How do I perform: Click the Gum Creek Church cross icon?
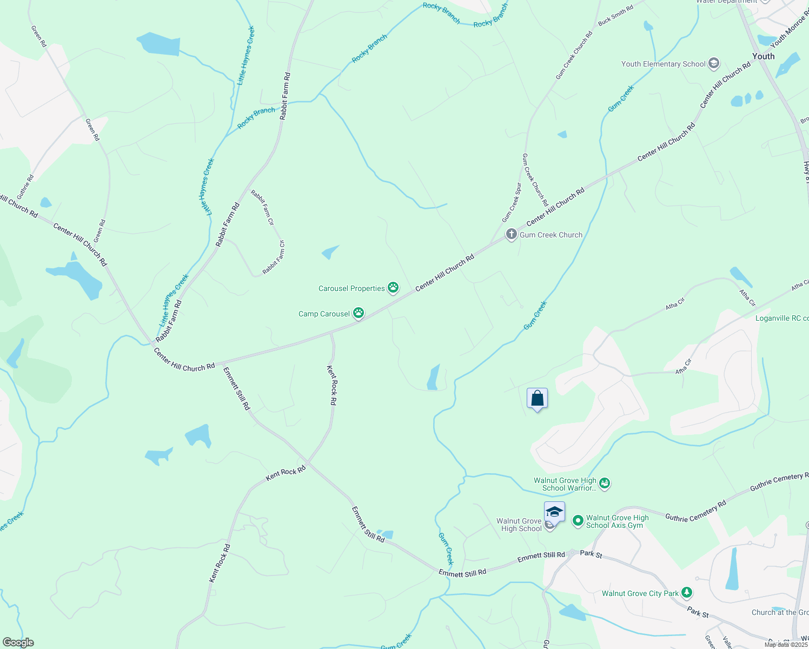(x=511, y=235)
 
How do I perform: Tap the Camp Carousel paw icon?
(x=358, y=313)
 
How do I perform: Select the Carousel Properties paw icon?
(x=393, y=288)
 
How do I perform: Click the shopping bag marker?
(x=537, y=399)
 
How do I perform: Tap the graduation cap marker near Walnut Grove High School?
(x=554, y=512)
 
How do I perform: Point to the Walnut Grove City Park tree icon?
(x=686, y=593)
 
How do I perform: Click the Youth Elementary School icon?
(x=713, y=64)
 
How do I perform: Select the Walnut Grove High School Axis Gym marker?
(x=578, y=521)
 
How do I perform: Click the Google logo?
(x=18, y=643)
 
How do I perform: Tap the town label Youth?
(x=763, y=56)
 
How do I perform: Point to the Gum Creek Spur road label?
(x=511, y=202)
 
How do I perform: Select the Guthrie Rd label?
(x=25, y=187)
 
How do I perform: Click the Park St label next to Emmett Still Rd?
(x=591, y=554)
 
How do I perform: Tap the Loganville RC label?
(x=781, y=318)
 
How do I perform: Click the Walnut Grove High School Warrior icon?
(x=605, y=484)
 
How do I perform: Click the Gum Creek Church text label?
(x=551, y=235)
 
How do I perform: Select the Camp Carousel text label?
(x=324, y=314)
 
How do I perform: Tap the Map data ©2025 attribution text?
(x=786, y=644)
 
